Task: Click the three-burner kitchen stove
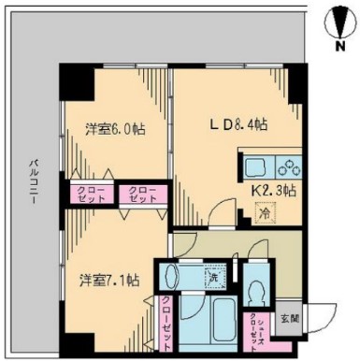pos(286,169)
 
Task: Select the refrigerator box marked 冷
pos(266,213)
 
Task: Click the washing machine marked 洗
pos(212,278)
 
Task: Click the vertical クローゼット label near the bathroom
pos(165,319)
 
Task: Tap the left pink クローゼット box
pos(92,195)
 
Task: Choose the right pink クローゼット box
pos(141,195)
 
